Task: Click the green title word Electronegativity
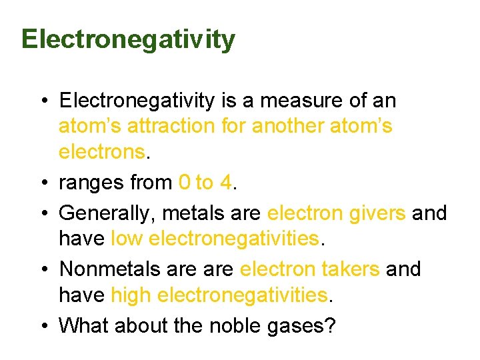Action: click(128, 39)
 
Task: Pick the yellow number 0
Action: click(185, 182)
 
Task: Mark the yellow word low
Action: click(127, 238)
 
